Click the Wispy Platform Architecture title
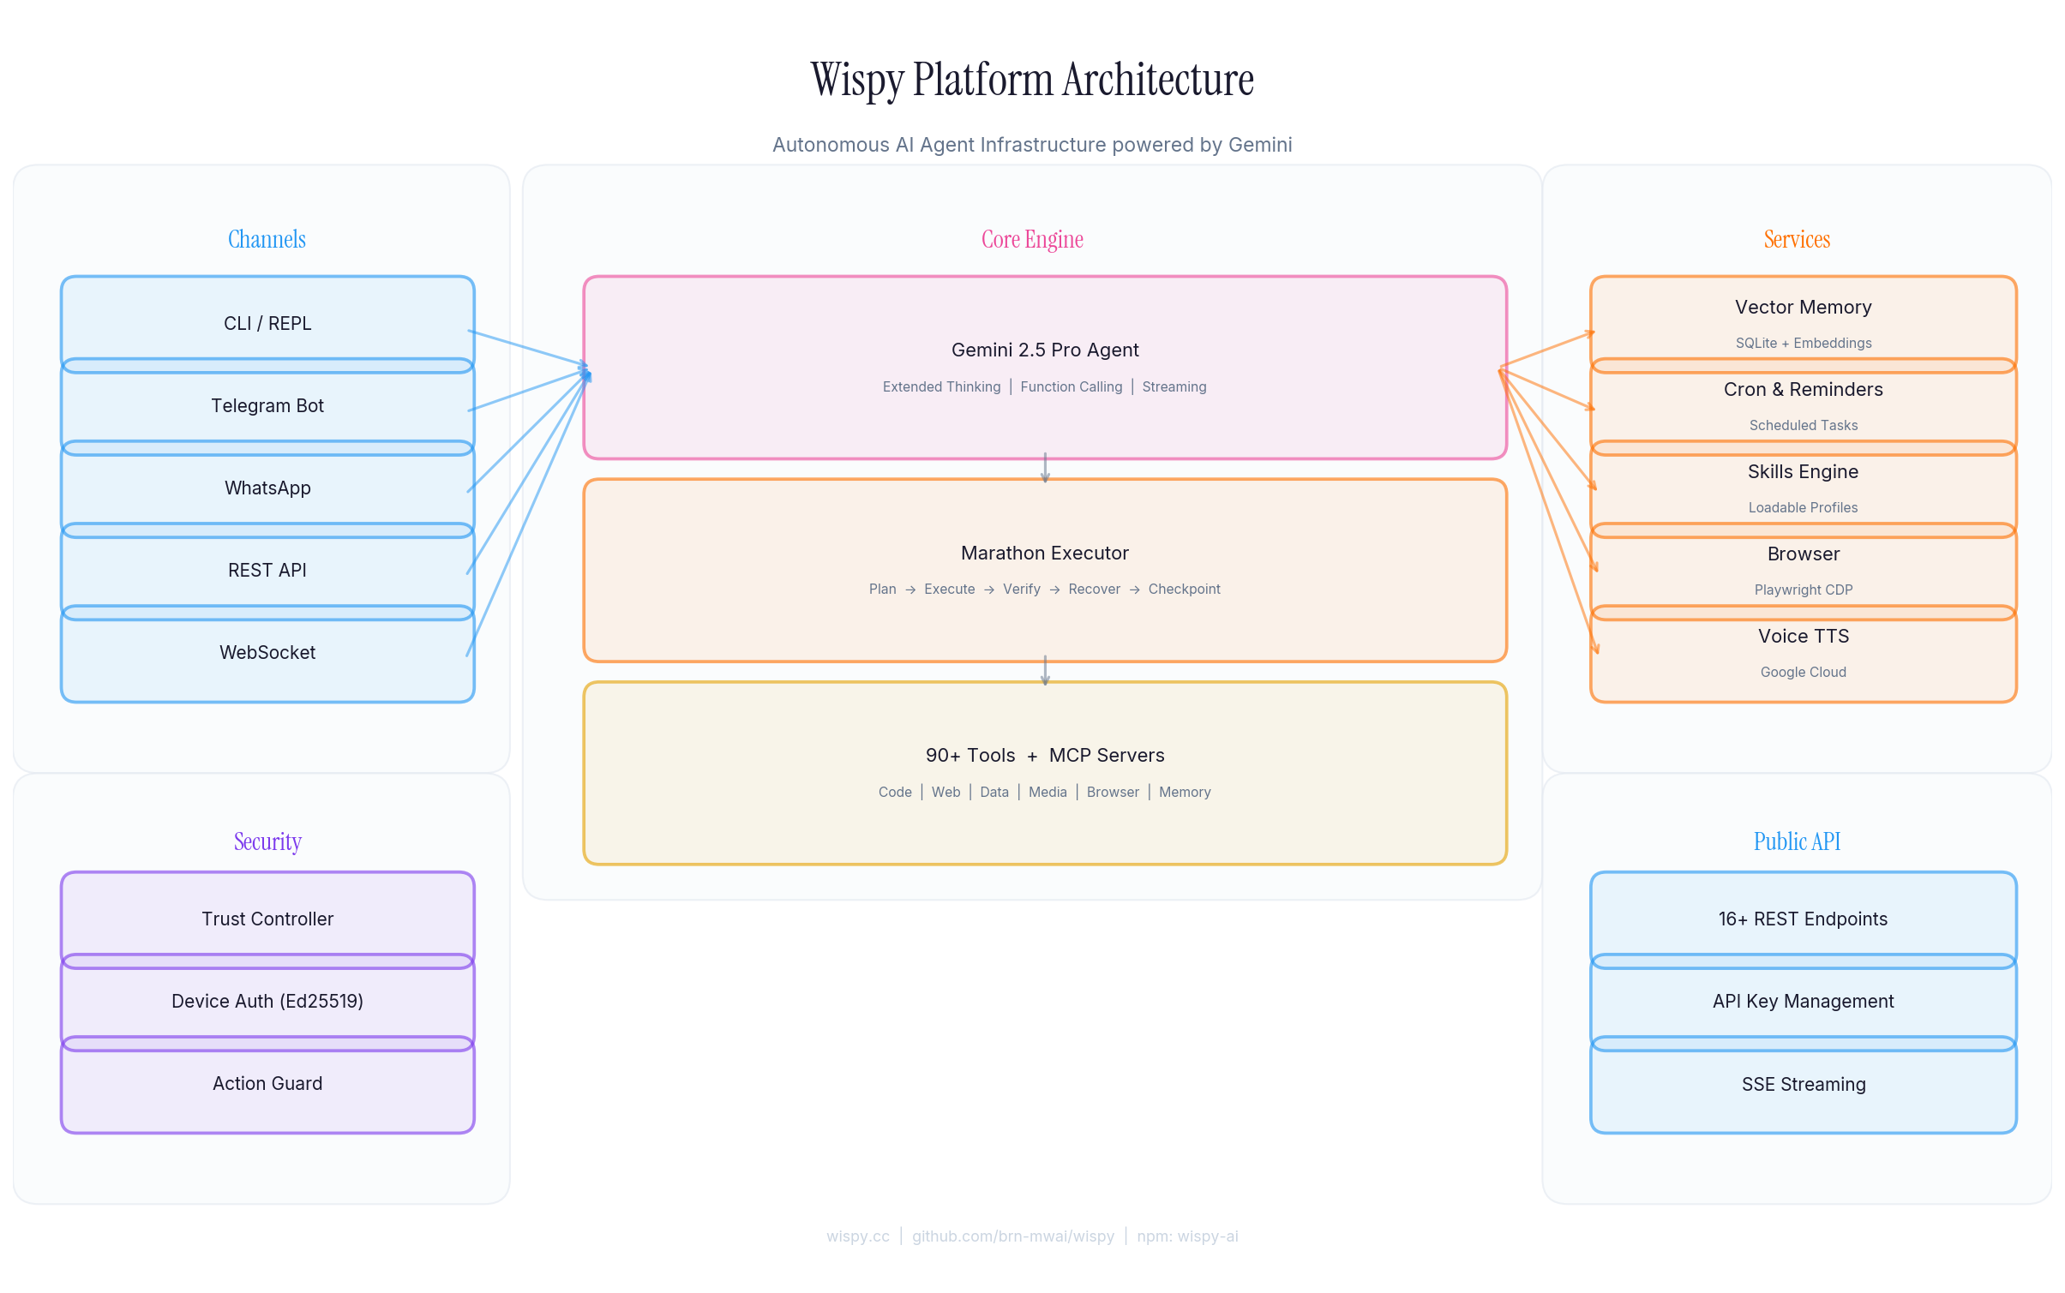pyautogui.click(x=1031, y=80)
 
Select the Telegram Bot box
pyautogui.click(x=267, y=406)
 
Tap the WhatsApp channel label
pyautogui.click(x=267, y=488)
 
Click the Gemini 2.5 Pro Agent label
pyautogui.click(x=1044, y=350)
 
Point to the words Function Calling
pyautogui.click(x=1071, y=387)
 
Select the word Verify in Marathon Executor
pyautogui.click(x=1021, y=590)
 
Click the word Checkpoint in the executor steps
pyautogui.click(x=1184, y=590)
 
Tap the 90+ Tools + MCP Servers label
pyautogui.click(x=1044, y=756)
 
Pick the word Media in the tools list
pyautogui.click(x=1048, y=793)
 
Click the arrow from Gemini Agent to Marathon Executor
pyautogui.click(x=1044, y=469)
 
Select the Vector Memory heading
pyautogui.click(x=1803, y=308)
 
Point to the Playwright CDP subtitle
pyautogui.click(x=1803, y=590)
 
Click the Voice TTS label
pyautogui.click(x=1803, y=637)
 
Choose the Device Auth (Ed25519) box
pyautogui.click(x=267, y=1002)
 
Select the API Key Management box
pyautogui.click(x=1803, y=1002)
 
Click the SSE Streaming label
pyautogui.click(x=1803, y=1085)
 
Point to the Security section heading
pyautogui.click(x=267, y=841)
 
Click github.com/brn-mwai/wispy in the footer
pyautogui.click(x=1012, y=1236)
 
